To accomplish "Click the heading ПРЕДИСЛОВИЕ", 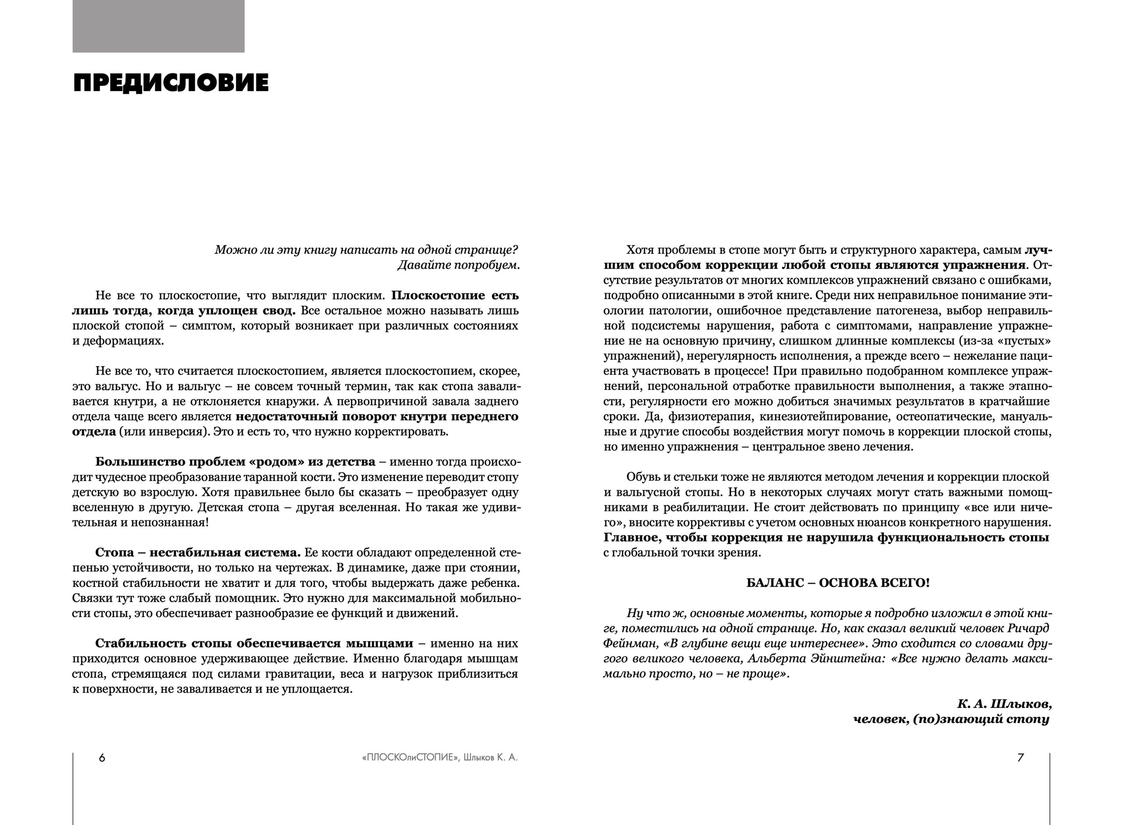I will point(171,83).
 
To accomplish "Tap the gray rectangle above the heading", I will point(158,26).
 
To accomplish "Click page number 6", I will point(102,757).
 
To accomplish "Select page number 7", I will point(1021,757).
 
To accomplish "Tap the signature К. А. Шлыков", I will point(1004,704).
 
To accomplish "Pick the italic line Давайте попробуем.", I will point(458,265).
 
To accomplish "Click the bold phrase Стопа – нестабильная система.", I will point(198,553).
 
